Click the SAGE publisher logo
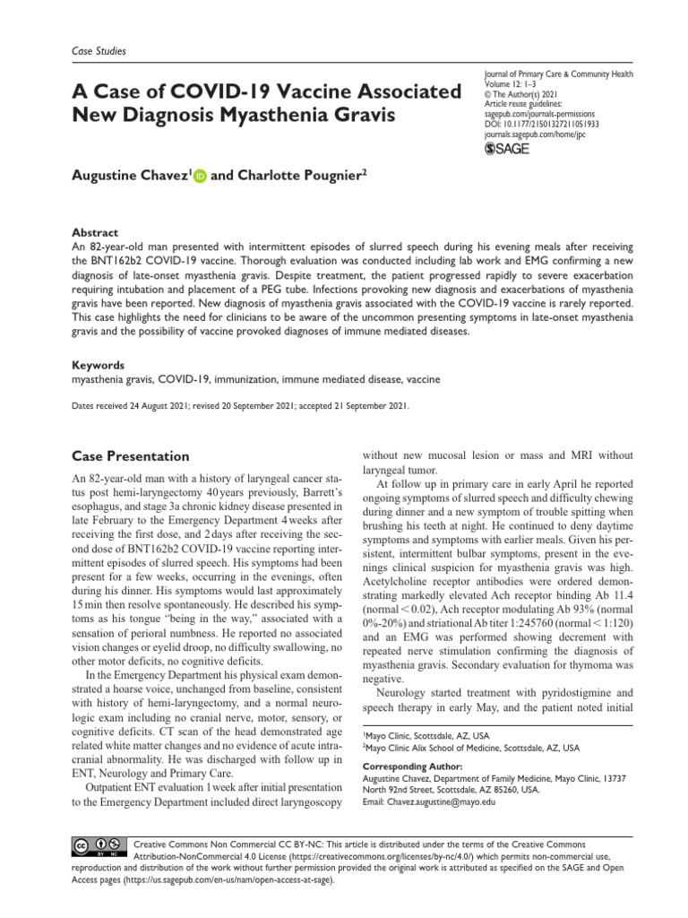(x=505, y=149)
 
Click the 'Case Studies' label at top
(x=99, y=52)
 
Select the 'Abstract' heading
(x=96, y=230)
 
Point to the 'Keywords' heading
(x=99, y=365)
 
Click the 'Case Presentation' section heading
(x=130, y=456)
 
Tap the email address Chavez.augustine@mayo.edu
(x=429, y=801)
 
